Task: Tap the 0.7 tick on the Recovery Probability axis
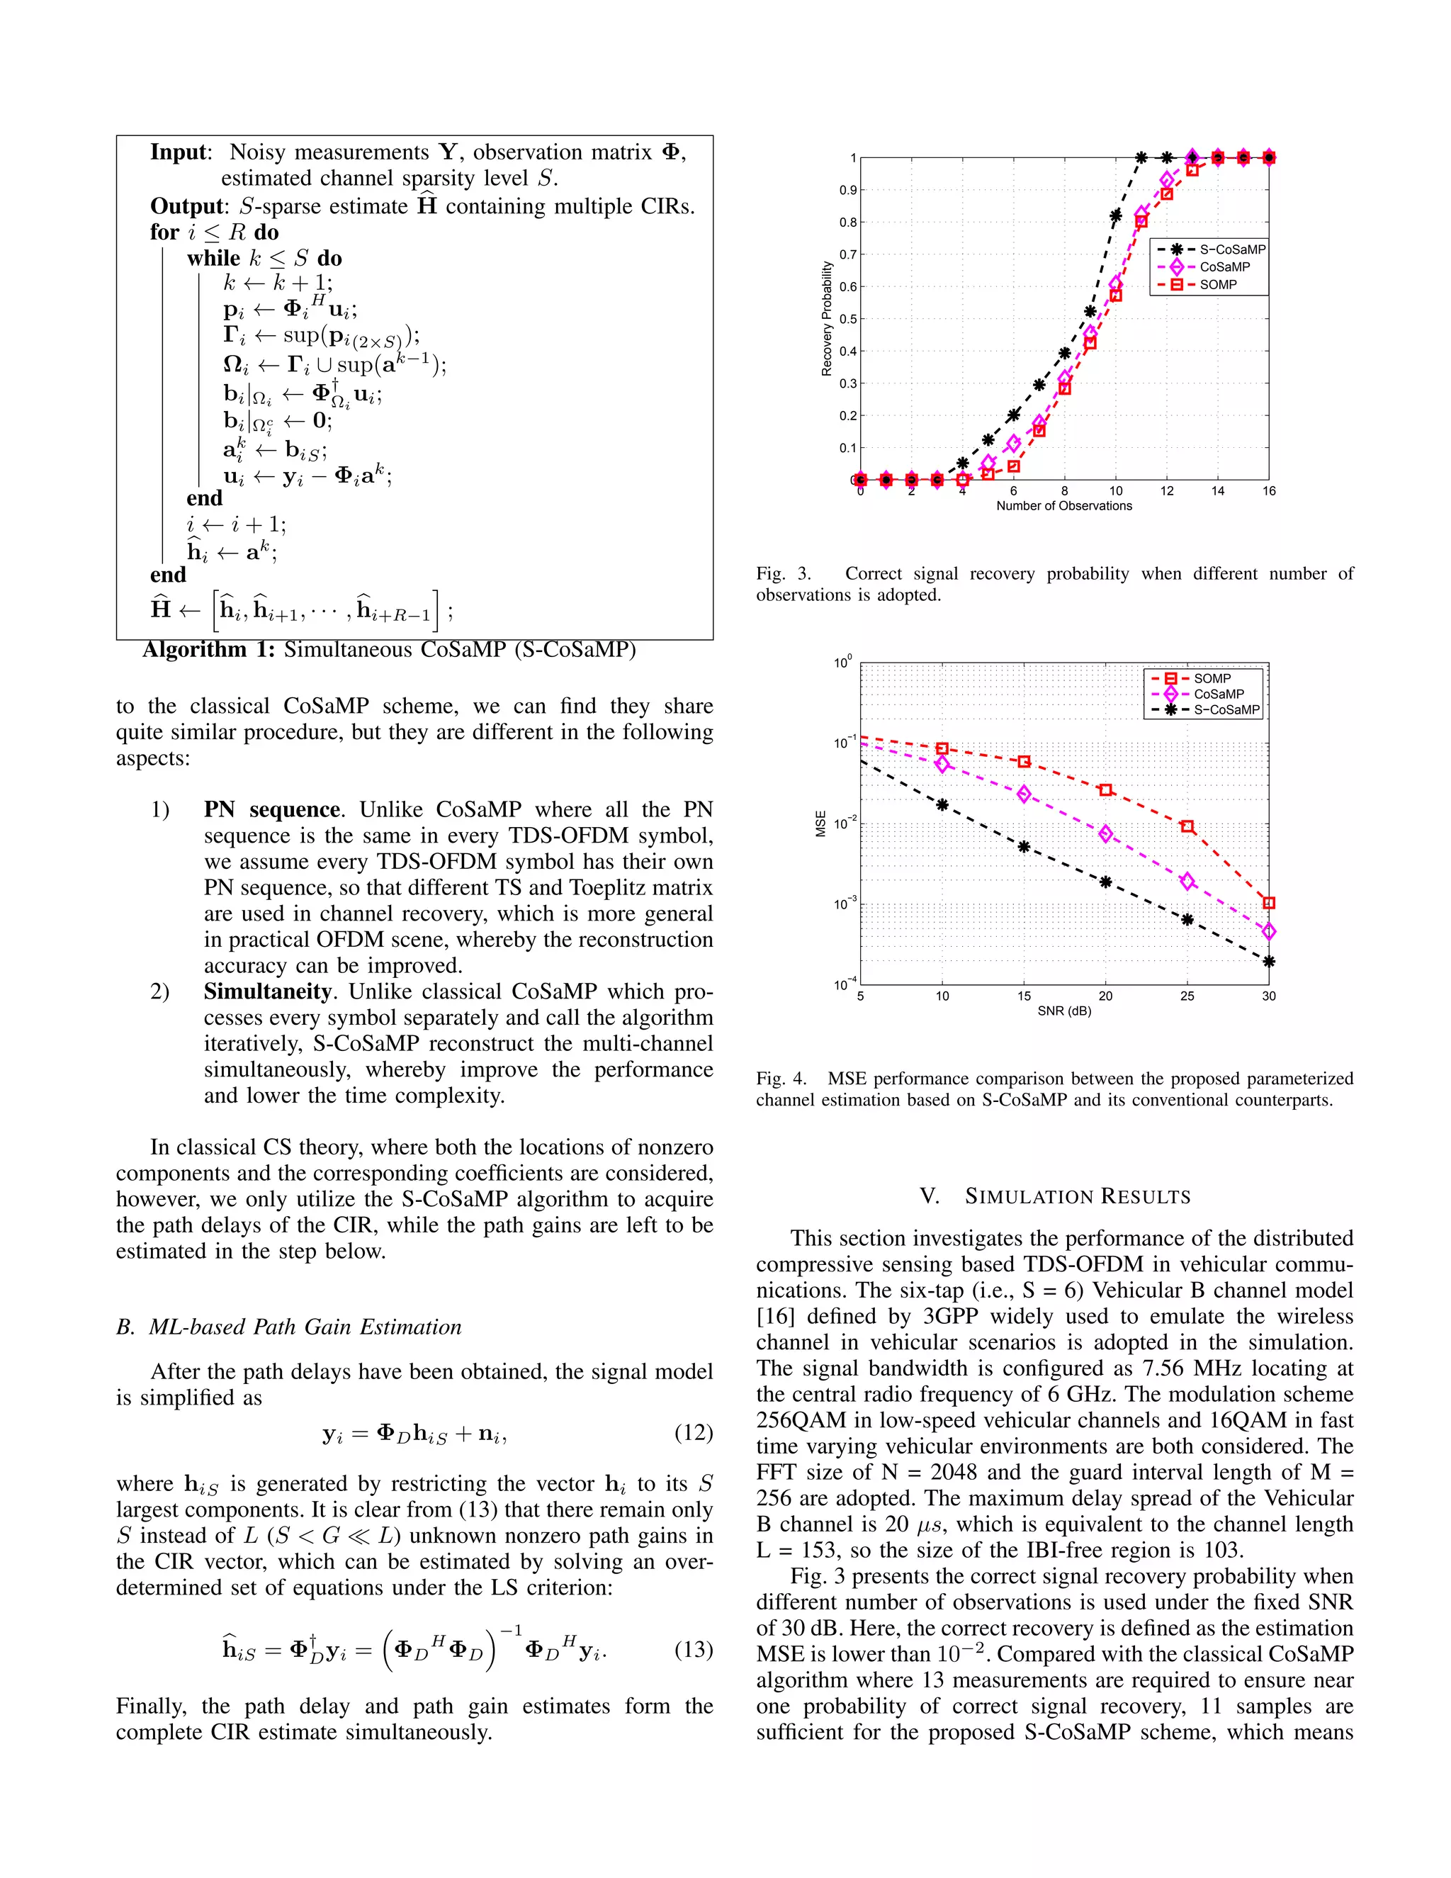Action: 847,254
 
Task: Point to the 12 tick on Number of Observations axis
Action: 1166,491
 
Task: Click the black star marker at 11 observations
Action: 1141,157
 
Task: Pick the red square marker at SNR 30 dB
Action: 1269,903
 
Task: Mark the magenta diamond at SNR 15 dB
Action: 1024,794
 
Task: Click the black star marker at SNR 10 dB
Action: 942,805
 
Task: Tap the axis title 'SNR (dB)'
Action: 1064,1011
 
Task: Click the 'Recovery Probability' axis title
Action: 827,319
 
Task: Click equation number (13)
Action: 693,1649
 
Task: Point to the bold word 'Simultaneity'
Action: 267,991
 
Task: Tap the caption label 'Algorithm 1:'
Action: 209,649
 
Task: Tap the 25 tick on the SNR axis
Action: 1187,996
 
